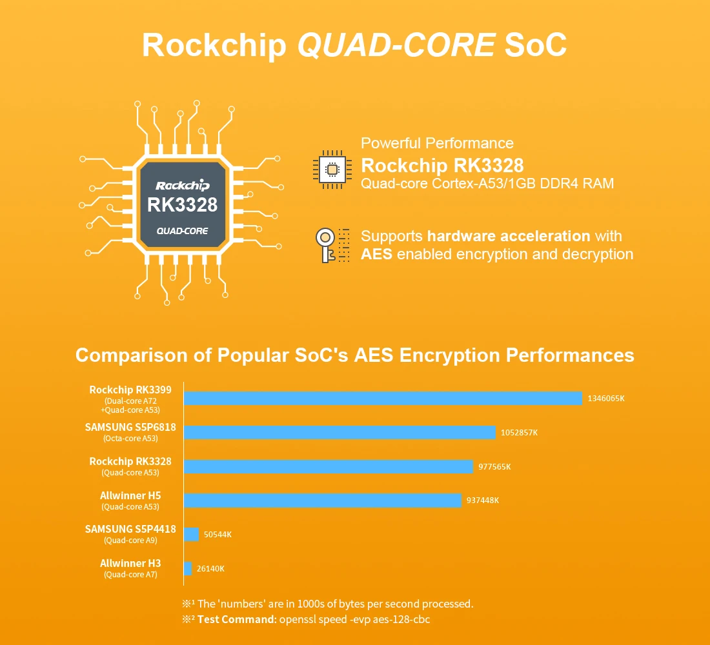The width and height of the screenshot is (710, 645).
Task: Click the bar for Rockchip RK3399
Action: coord(383,399)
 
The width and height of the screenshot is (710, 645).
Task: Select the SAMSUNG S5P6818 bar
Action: coord(340,432)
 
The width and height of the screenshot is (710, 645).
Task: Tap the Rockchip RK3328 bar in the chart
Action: coord(329,466)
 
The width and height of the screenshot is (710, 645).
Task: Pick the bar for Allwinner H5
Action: coord(323,501)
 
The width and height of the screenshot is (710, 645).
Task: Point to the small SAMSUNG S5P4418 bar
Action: coord(191,534)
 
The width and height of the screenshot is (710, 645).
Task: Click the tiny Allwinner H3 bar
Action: coord(188,568)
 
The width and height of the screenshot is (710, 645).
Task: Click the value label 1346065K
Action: coord(606,399)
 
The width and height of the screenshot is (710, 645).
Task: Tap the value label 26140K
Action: coord(210,568)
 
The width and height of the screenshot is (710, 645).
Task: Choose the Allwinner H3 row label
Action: coord(130,564)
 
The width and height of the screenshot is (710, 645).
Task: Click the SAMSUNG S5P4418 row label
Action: coord(130,529)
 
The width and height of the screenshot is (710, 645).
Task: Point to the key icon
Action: coord(325,244)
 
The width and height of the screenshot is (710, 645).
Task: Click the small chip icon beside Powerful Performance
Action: coord(332,170)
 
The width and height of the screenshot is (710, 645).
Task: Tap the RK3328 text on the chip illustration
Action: coord(183,204)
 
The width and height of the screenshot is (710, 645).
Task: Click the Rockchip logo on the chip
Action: coord(183,185)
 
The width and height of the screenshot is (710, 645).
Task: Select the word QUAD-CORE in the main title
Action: coord(396,45)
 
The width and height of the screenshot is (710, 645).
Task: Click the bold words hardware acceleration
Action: coord(509,236)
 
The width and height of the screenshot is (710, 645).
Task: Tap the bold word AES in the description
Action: coord(376,254)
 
